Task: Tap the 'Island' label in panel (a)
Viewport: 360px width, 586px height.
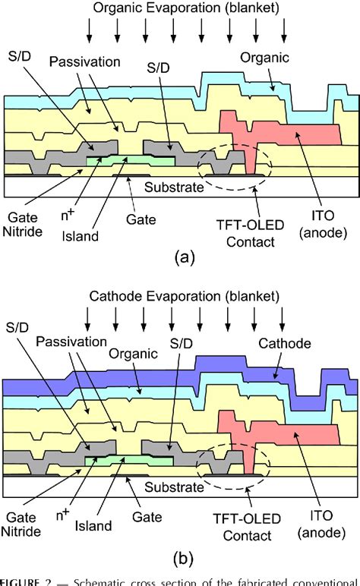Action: (x=81, y=236)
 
